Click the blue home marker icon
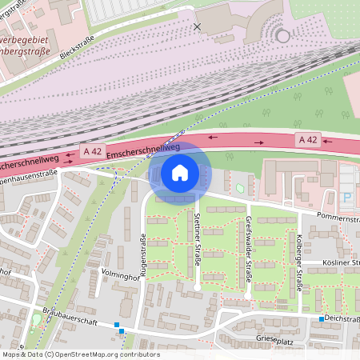click(x=180, y=172)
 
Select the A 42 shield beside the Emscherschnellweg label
click(x=93, y=150)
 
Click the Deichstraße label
click(x=342, y=318)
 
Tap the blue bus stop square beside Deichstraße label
click(x=322, y=319)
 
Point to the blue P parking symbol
click(x=346, y=197)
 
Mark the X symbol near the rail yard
click(x=198, y=26)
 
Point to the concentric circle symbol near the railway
click(x=282, y=35)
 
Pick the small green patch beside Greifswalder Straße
click(x=241, y=188)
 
